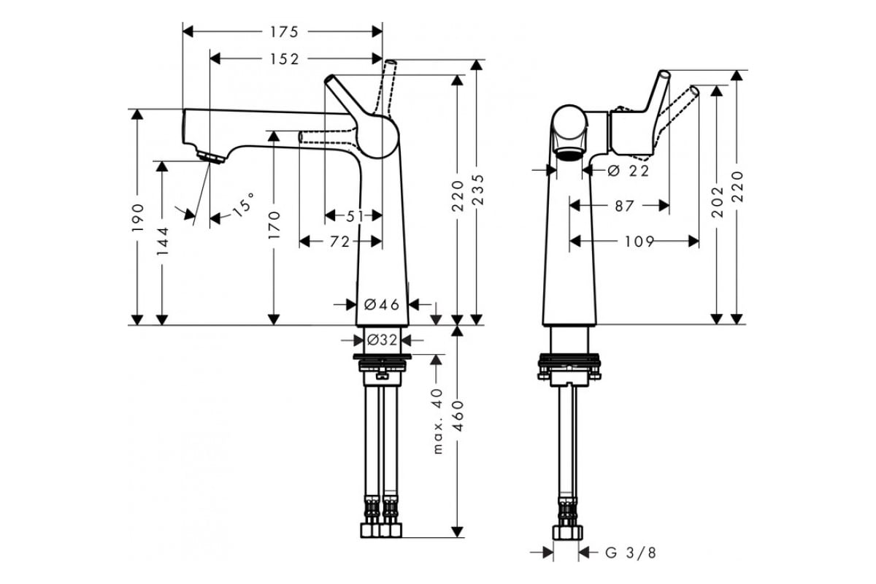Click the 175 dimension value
[284, 32]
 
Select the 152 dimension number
[284, 59]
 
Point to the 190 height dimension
[138, 218]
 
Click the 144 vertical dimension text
[162, 242]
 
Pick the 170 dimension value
[274, 225]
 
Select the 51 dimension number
[355, 215]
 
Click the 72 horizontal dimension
[340, 242]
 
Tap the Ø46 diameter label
[382, 304]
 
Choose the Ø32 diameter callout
[382, 340]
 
